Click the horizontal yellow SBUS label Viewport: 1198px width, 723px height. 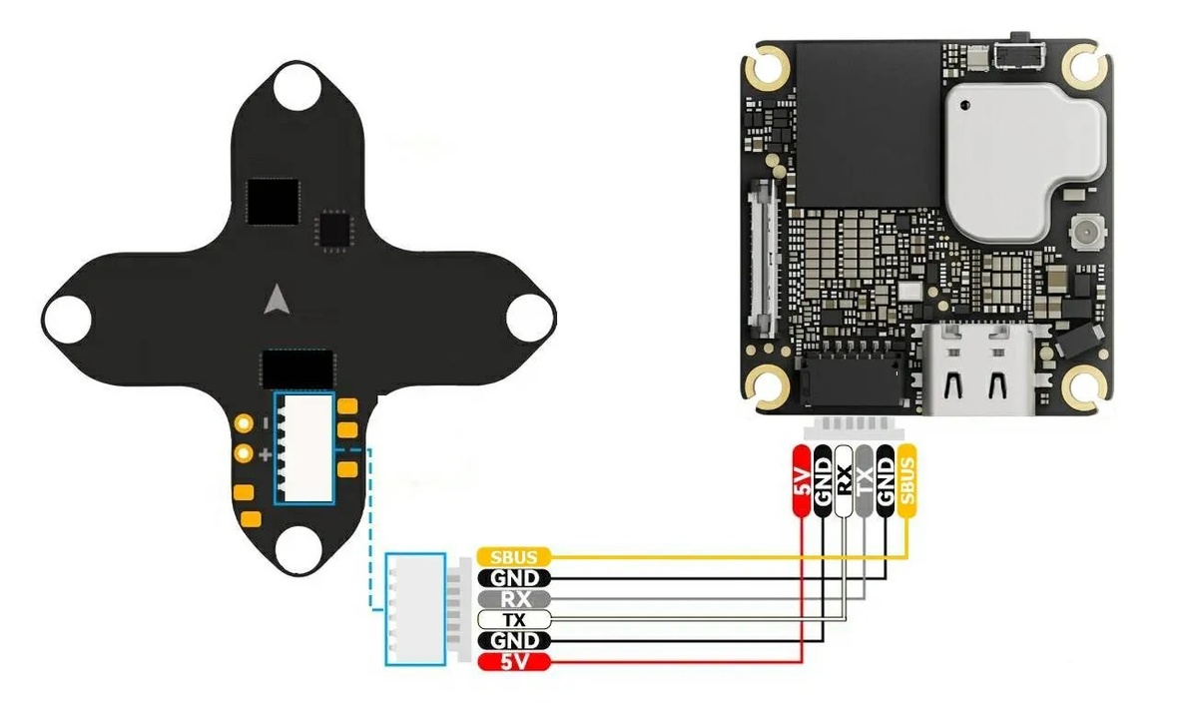tap(514, 556)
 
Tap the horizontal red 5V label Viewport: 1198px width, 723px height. tap(514, 662)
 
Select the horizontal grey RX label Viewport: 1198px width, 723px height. tap(514, 599)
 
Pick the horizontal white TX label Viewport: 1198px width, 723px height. tap(514, 620)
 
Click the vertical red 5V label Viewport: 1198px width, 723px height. tap(801, 480)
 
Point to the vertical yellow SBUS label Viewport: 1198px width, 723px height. tap(906, 480)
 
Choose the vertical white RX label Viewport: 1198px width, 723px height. tap(844, 480)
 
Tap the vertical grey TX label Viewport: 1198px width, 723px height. tap(865, 480)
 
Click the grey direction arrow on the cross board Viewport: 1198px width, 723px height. tap(279, 299)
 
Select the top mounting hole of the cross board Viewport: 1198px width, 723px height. tap(297, 87)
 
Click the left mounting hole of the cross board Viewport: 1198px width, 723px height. tap(67, 320)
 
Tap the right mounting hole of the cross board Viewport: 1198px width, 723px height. tap(529, 320)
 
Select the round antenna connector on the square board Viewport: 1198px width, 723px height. tap(1083, 236)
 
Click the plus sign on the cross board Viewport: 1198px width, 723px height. tap(265, 455)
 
